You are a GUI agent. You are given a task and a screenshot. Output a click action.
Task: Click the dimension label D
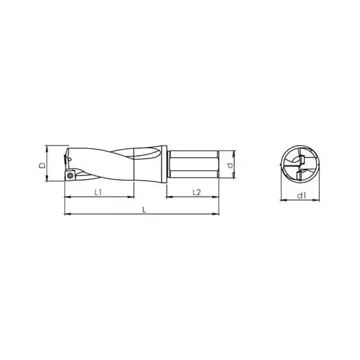point(42,165)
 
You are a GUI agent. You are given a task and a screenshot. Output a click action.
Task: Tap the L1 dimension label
point(98,192)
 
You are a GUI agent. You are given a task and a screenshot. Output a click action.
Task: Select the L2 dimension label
point(197,192)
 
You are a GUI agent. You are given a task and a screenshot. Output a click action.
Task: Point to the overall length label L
point(144,210)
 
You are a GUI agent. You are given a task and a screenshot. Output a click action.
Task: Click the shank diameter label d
point(230,165)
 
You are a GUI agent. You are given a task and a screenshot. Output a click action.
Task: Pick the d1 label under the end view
point(301,196)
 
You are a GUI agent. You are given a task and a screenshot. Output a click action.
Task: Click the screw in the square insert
point(69,176)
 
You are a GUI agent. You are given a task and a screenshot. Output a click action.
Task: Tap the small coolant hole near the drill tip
point(70,159)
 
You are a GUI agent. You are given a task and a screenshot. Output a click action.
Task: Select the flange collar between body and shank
point(164,165)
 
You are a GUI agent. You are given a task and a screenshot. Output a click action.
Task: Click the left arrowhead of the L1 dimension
point(67,197)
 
